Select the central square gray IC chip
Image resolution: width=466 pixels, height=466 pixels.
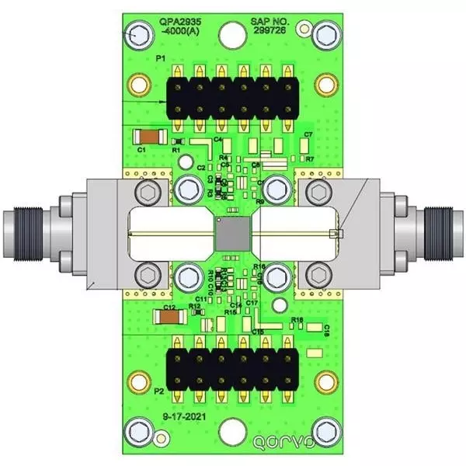[x=232, y=233]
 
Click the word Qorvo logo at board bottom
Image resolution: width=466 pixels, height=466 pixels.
[x=284, y=443]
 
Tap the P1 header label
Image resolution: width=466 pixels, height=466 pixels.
[x=160, y=58]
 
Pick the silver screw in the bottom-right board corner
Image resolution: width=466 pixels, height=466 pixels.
[x=326, y=429]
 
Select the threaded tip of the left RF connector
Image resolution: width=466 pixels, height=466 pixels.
[x=19, y=233]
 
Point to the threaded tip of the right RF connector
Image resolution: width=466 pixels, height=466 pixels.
[x=447, y=233]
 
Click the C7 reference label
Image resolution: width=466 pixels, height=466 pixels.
[x=308, y=135]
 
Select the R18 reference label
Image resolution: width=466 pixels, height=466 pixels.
[x=297, y=320]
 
